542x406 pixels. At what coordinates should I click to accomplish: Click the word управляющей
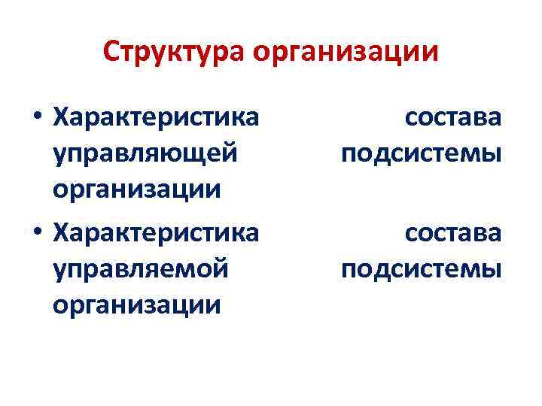tap(146, 153)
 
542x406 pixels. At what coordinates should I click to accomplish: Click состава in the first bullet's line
tap(453, 117)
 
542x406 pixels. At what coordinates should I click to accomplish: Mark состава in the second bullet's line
tap(453, 232)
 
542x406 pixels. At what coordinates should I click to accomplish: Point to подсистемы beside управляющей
tap(421, 153)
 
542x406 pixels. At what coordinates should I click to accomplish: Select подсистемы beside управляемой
tap(421, 268)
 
